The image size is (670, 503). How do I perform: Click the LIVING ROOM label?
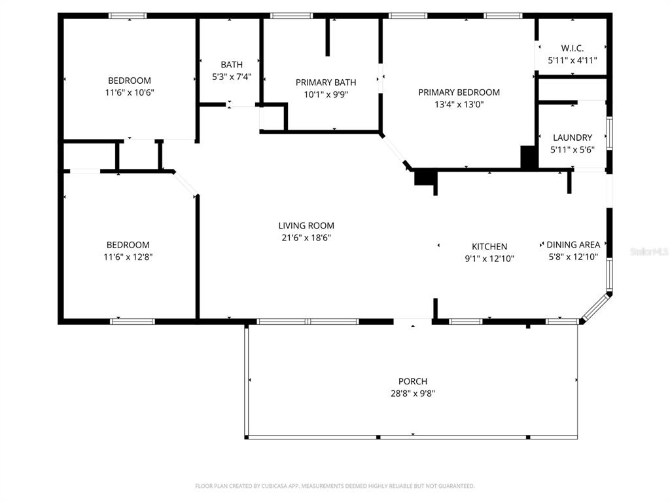(306, 225)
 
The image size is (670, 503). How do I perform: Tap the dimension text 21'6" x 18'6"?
(306, 238)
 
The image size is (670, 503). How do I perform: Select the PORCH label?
(412, 381)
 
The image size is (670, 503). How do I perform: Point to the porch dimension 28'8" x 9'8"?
(412, 394)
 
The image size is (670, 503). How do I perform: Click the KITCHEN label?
(489, 246)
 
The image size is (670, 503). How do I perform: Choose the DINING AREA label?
(573, 245)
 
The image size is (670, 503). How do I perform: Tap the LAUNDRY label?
(573, 138)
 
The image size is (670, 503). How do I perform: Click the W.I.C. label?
(572, 48)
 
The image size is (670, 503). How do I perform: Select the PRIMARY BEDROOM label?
(459, 92)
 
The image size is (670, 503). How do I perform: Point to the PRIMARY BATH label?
(326, 82)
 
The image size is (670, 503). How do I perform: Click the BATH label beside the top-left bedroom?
(232, 64)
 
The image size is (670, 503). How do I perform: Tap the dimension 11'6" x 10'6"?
(130, 92)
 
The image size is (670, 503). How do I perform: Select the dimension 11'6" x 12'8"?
(129, 257)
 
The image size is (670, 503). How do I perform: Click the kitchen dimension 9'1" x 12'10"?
(489, 259)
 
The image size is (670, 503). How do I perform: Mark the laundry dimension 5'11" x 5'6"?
(573, 150)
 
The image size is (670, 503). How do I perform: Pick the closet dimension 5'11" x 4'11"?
(572, 60)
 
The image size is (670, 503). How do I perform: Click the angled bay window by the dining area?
(596, 307)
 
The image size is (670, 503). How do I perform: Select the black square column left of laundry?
(528, 157)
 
